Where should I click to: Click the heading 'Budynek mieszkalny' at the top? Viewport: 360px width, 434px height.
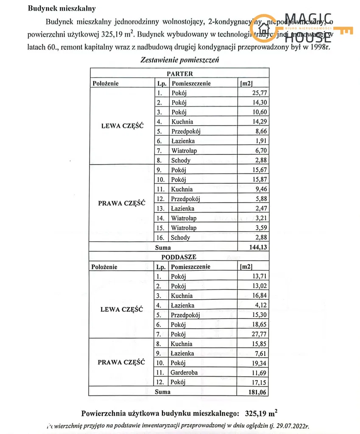coord(61,8)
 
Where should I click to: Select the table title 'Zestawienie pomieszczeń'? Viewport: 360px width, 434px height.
coord(179,60)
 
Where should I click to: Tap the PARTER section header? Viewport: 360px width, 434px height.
coord(179,74)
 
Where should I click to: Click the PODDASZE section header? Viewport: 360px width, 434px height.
coord(179,257)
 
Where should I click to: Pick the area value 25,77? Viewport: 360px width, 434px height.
coord(260,93)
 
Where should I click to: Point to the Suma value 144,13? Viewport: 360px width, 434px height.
coord(258,247)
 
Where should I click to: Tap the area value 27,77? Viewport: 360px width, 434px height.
coord(260,334)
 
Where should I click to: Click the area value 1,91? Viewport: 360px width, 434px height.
coord(262,141)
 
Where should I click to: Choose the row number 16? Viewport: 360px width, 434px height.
coord(161,238)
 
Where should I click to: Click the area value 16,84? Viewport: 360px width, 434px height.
coord(260,296)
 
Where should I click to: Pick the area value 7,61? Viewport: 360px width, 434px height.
coord(262,353)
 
